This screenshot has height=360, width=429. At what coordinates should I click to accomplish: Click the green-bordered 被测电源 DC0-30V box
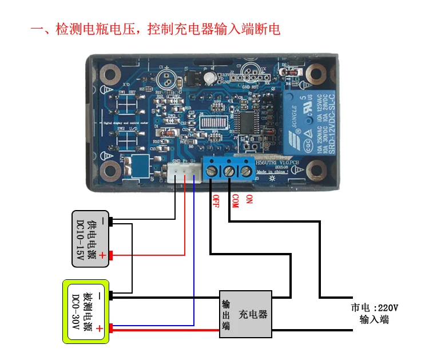[x=86, y=311]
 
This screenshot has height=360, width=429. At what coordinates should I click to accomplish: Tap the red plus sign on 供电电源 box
[x=102, y=256]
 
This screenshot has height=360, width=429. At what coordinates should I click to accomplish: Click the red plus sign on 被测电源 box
[x=100, y=329]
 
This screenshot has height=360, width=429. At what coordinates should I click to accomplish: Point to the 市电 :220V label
[x=375, y=307]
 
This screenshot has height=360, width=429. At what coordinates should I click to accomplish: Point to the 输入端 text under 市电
[x=374, y=320]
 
